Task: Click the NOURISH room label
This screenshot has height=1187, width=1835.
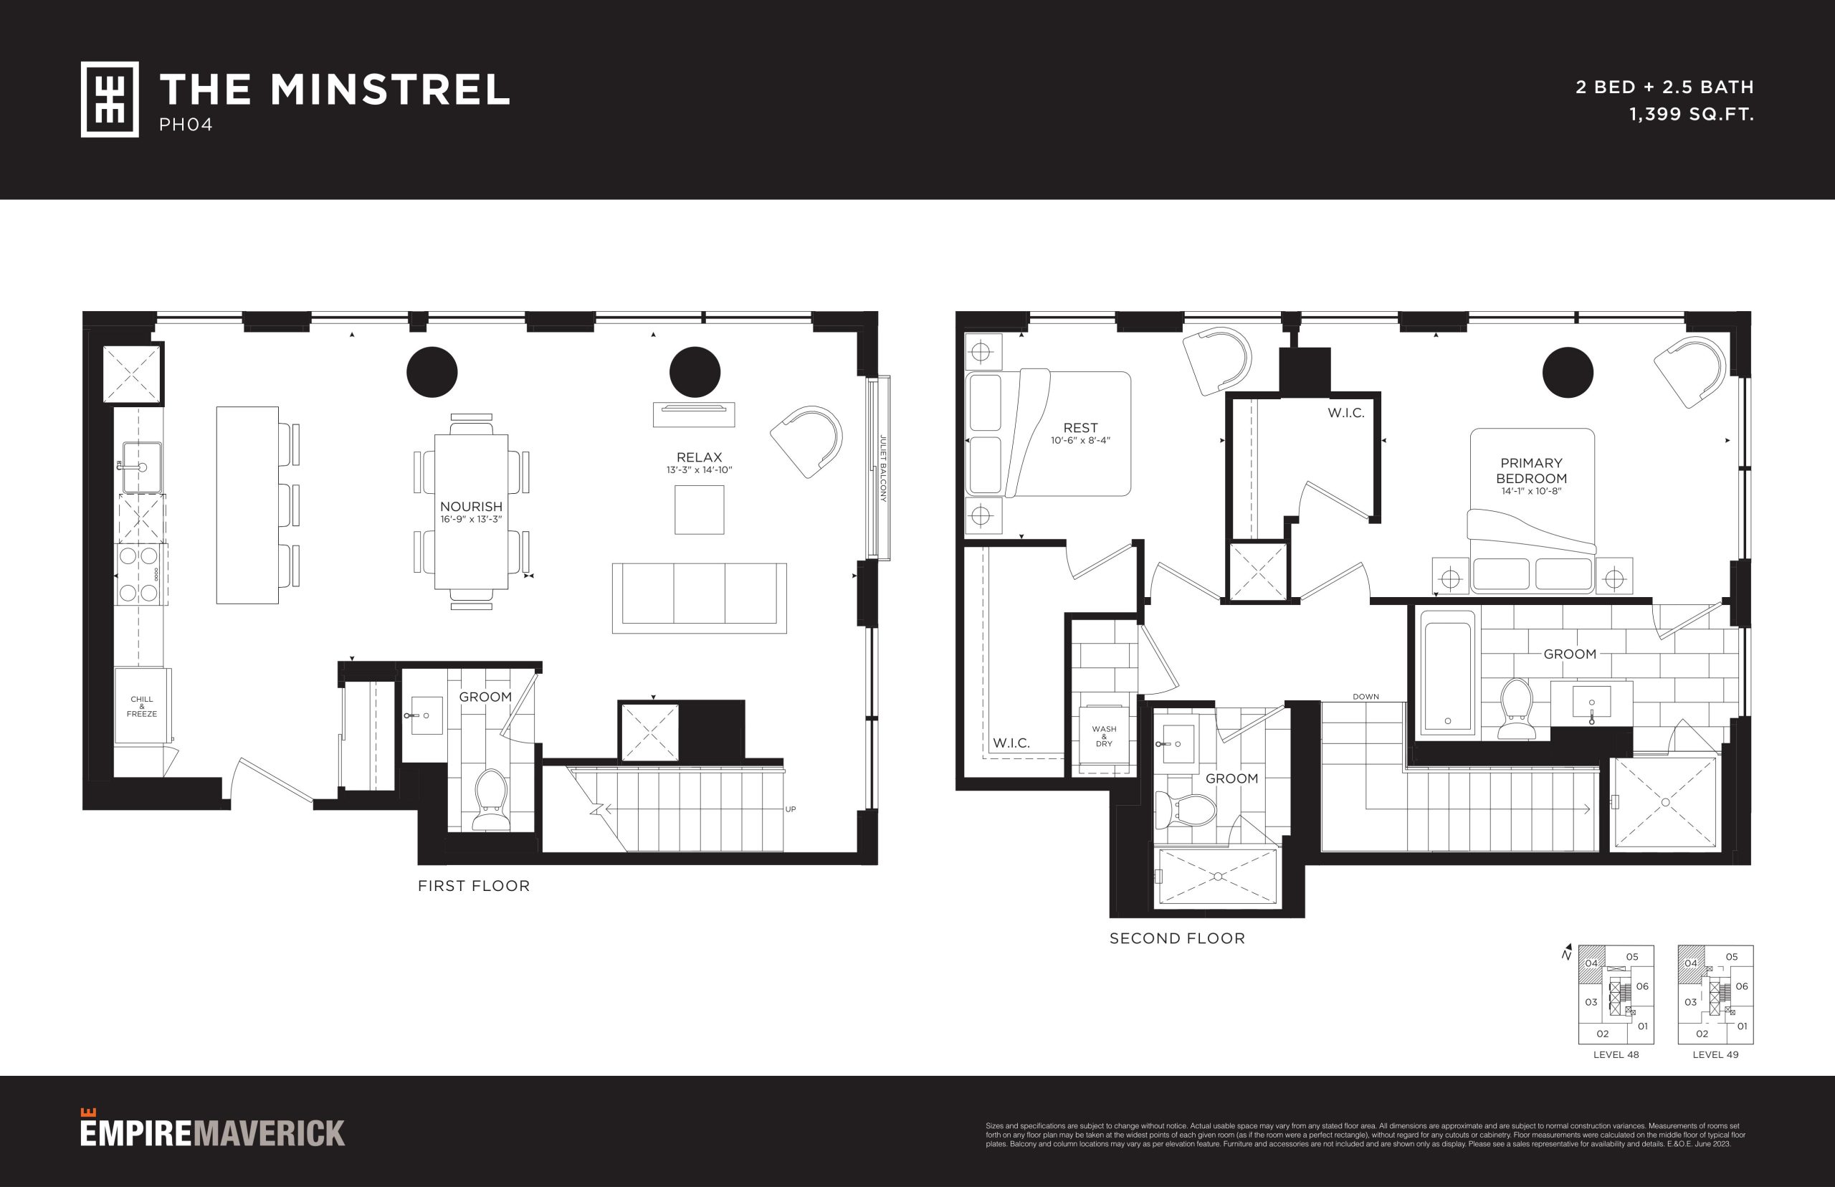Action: pyautogui.click(x=471, y=506)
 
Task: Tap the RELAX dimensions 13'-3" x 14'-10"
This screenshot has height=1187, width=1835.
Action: pyautogui.click(x=699, y=470)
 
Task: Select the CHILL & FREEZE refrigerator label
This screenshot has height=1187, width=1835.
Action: pyautogui.click(x=142, y=707)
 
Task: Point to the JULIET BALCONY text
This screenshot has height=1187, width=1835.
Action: pyautogui.click(x=883, y=469)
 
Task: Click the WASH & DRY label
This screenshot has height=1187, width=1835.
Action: pyautogui.click(x=1104, y=736)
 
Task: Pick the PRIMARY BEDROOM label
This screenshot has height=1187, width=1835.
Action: pyautogui.click(x=1531, y=470)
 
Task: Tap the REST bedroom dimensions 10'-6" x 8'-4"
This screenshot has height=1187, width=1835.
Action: pyautogui.click(x=1080, y=441)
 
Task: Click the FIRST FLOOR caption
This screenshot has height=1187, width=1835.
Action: pyautogui.click(x=474, y=887)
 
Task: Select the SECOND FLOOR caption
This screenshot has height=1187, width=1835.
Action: pyautogui.click(x=1177, y=939)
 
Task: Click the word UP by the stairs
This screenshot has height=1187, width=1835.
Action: pyautogui.click(x=790, y=809)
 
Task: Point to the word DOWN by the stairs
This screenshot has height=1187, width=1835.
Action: pyautogui.click(x=1365, y=697)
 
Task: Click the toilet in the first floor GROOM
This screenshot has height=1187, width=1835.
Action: pyautogui.click(x=490, y=800)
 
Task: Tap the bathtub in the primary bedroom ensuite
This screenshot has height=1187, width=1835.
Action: pyautogui.click(x=1447, y=672)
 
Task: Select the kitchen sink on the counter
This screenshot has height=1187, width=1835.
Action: pyautogui.click(x=142, y=467)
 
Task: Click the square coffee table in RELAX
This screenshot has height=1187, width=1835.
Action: pyautogui.click(x=699, y=510)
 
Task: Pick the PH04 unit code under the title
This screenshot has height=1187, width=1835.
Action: pyautogui.click(x=186, y=125)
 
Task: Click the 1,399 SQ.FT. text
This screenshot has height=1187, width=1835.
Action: pyautogui.click(x=1692, y=115)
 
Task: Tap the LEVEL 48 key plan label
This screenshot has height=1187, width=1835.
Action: pyautogui.click(x=1616, y=1054)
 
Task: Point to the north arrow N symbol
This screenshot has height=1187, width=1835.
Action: pyautogui.click(x=1567, y=953)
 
